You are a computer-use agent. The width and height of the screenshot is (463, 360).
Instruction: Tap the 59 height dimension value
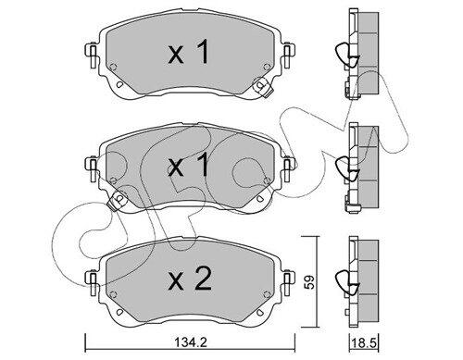click(x=310, y=281)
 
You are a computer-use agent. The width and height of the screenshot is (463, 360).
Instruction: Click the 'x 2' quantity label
click(x=190, y=279)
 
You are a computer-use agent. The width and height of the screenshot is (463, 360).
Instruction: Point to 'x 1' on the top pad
click(x=189, y=53)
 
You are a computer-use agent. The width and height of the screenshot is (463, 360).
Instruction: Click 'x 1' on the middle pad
click(x=189, y=166)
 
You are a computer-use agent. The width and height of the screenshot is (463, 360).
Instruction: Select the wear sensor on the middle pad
click(x=117, y=200)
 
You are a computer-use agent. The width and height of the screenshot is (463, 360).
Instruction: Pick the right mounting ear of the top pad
click(x=288, y=56)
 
